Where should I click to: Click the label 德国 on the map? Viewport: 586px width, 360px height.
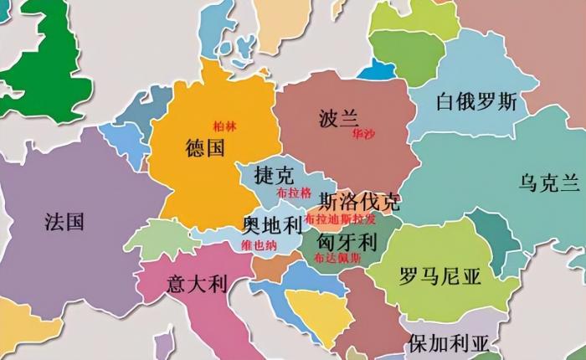tap(205, 150)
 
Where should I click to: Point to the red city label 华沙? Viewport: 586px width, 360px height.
tap(363, 134)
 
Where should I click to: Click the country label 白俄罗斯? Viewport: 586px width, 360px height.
tap(476, 102)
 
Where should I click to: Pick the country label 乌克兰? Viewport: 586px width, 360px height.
tap(549, 183)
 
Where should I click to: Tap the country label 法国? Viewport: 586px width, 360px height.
tap(64, 222)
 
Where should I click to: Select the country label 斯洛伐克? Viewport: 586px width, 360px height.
tap(360, 202)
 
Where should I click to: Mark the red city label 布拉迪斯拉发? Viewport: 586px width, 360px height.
tap(340, 219)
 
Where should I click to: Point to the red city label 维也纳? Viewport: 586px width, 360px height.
tap(258, 245)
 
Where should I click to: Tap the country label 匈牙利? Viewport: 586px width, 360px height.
tap(345, 241)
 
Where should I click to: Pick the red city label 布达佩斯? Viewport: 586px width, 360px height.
tap(338, 259)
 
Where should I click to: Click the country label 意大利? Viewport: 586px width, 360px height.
tap(198, 283)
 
